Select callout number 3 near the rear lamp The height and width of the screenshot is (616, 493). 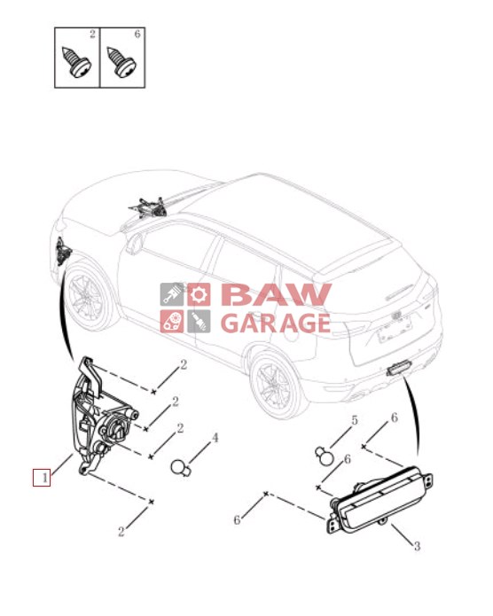coord(417,546)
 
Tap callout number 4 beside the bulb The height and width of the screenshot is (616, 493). coord(215,438)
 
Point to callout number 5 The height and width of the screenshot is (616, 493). coord(355,420)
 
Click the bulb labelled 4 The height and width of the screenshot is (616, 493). coord(181,467)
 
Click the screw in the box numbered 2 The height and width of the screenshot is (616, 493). coord(76,62)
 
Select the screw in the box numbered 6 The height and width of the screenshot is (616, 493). coord(121,62)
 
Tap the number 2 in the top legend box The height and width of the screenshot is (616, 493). coord(92,35)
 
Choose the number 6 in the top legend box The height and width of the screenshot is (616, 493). coord(137,35)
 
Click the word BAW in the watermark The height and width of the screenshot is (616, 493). coord(277,294)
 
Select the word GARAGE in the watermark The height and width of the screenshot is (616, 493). coord(276,323)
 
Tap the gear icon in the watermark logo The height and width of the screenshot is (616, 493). coord(199,294)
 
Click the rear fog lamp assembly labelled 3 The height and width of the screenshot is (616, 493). coord(380,499)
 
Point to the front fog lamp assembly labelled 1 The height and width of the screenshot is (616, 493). coord(101,417)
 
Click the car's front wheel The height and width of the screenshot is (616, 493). coord(87,295)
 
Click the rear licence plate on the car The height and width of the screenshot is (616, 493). coord(395,330)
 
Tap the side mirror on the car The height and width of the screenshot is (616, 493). coord(134,241)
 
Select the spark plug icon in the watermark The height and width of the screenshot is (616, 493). coord(199,322)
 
